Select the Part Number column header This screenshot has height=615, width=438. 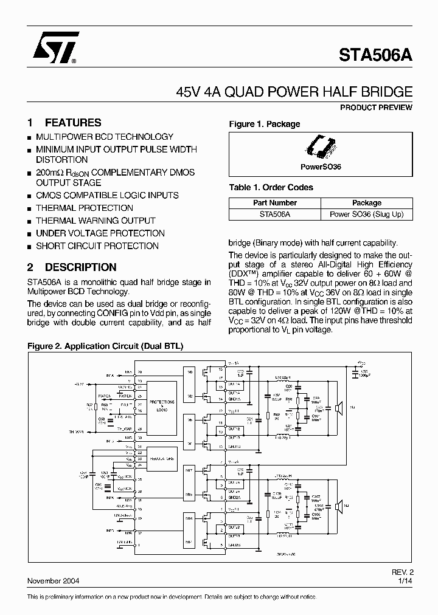[x=274, y=203]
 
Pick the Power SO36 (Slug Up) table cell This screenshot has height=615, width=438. [x=366, y=214]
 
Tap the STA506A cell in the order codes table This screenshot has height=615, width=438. [x=274, y=214]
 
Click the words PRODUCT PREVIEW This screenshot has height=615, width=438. [x=375, y=108]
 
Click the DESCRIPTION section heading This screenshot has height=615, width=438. [x=80, y=267]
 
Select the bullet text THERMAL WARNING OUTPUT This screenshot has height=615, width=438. [x=96, y=221]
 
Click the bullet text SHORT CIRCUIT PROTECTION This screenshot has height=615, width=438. [x=97, y=246]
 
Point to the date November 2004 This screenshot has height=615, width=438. [x=56, y=581]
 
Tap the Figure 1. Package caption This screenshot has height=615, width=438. [x=264, y=124]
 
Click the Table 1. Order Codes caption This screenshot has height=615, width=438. [x=271, y=187]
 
